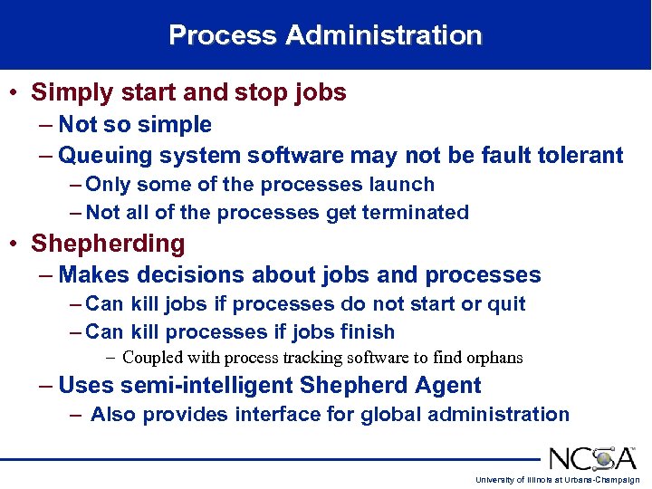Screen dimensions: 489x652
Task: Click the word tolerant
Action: [575, 156]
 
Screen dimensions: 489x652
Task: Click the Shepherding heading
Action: [108, 244]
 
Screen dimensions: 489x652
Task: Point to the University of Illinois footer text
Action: [557, 480]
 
